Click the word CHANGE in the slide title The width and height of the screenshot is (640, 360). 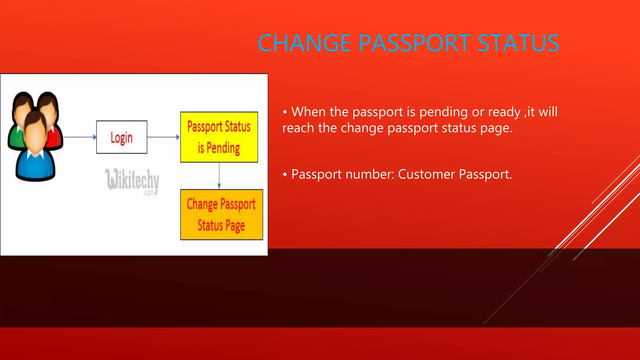pos(304,43)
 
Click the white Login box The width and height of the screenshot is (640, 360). pos(122,137)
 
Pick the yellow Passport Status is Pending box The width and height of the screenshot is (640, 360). pos(219,137)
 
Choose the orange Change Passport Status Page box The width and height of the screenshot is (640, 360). pos(222,215)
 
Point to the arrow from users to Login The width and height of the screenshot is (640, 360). pos(80,137)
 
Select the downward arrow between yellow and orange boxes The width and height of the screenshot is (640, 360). pos(219,176)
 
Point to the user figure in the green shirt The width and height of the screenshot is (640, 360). pos(17,125)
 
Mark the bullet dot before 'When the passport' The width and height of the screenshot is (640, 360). pos(285,112)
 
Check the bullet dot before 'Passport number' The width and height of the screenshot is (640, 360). pos(285,175)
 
